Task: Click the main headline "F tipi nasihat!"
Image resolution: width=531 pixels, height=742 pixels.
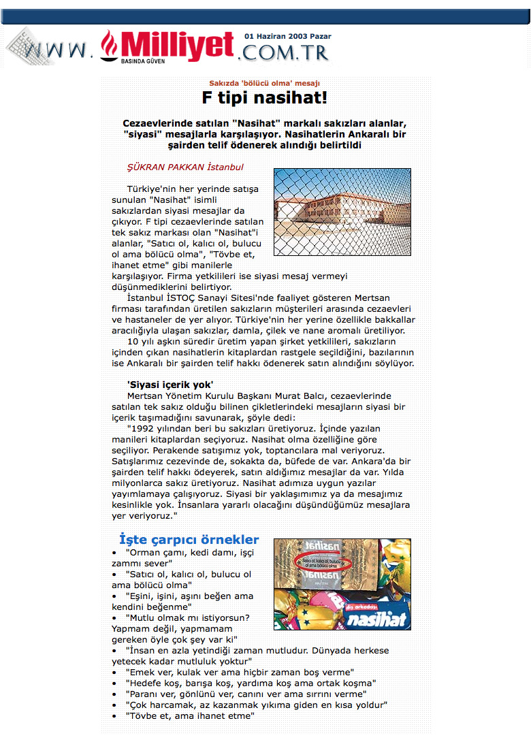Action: (x=265, y=97)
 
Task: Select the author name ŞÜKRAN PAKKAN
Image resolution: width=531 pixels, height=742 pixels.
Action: (x=165, y=167)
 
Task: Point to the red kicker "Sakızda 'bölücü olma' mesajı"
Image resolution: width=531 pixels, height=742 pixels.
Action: (x=264, y=83)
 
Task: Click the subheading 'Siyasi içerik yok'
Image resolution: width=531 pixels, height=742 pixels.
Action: (x=170, y=384)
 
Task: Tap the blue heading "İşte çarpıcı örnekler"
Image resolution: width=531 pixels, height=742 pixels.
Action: (x=189, y=539)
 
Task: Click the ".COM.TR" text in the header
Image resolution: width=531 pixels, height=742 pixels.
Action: (x=285, y=52)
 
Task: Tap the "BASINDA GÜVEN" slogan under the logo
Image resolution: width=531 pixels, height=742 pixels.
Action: (x=142, y=61)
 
